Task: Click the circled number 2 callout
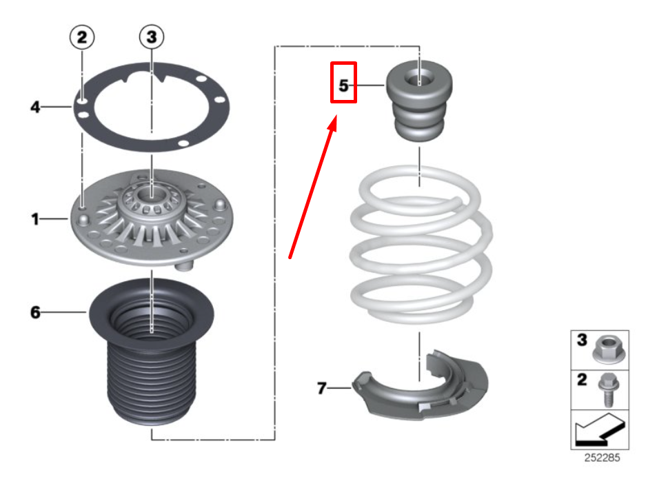(x=82, y=37)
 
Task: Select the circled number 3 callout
(x=151, y=37)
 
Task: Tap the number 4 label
(x=35, y=108)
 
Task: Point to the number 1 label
(x=35, y=219)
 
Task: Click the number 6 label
(x=35, y=312)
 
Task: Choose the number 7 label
(x=321, y=388)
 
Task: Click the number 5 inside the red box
(x=343, y=85)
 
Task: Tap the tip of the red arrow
(x=336, y=116)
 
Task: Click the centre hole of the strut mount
(x=152, y=194)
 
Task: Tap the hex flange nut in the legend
(x=609, y=349)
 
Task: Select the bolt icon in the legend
(x=607, y=389)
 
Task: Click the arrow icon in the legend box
(x=600, y=429)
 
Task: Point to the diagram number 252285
(x=602, y=458)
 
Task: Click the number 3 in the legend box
(x=582, y=340)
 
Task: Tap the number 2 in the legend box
(x=582, y=380)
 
